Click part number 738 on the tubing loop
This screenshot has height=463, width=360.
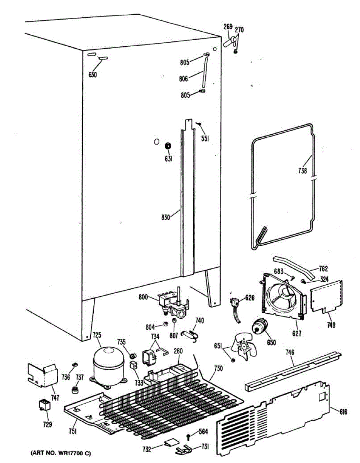point(303,170)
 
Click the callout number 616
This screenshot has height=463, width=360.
point(343,412)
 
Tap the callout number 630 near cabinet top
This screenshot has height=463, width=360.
point(93,74)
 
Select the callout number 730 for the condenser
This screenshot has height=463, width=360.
point(218,369)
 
